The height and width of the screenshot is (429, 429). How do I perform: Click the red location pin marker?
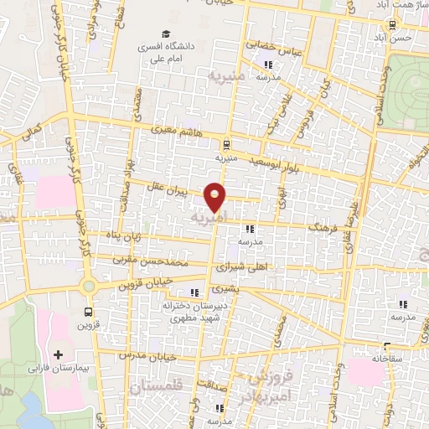click(215, 196)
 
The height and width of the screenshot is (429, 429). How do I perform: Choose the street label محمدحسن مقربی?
click(147, 261)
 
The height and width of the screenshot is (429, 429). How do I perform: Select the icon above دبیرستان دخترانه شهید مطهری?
click(195, 292)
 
